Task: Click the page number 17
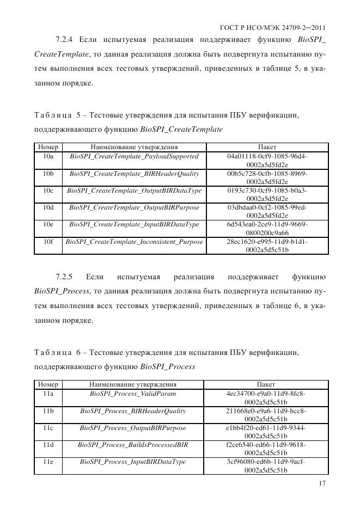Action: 322,484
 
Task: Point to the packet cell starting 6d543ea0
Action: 267,229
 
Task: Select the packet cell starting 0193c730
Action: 267,194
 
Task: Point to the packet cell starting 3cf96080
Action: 266,466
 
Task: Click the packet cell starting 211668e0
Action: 266,415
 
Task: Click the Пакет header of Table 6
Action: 266,384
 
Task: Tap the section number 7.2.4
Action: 67,39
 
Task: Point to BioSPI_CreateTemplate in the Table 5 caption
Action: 181,130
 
